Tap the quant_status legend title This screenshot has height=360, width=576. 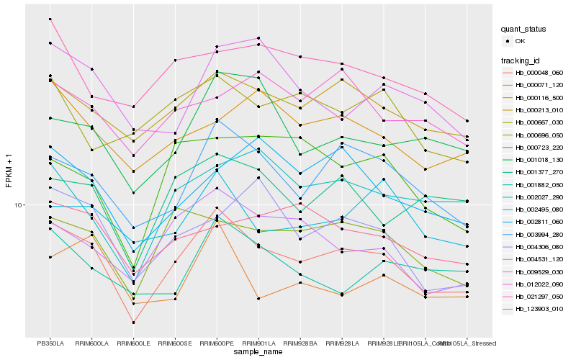[523, 29]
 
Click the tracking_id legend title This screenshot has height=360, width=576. [521, 60]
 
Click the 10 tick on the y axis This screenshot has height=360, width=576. [19, 205]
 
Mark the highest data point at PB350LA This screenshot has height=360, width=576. [50, 19]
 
